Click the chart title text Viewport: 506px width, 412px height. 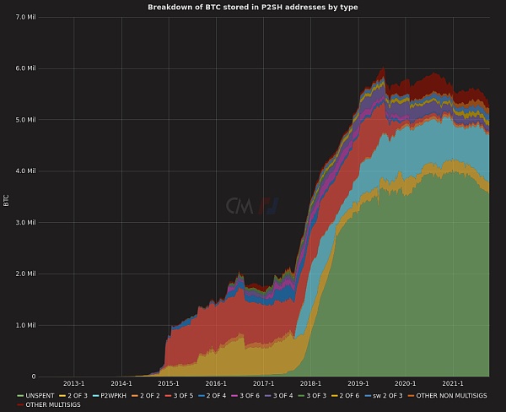click(253, 7)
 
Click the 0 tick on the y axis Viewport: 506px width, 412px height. click(34, 377)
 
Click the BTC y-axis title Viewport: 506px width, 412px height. click(7, 199)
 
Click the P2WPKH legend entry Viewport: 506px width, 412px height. click(113, 395)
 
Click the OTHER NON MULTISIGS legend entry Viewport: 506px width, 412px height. click(451, 395)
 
